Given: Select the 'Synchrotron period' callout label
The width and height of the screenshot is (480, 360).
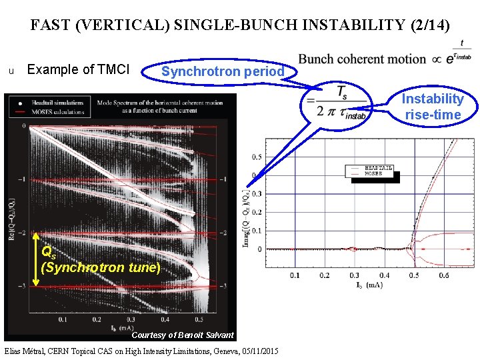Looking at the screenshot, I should pos(223,71).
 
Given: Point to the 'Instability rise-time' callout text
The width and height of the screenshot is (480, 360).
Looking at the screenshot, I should pos(433,107).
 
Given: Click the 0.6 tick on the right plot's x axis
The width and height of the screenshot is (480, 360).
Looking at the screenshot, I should pos(444,275).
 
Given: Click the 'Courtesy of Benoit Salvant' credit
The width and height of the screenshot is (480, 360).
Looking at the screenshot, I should pos(183,335).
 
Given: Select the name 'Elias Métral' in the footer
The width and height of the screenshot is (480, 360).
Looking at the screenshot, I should pos(23,351).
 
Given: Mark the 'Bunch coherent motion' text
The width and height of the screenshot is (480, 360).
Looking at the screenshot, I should pos(362,59).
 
